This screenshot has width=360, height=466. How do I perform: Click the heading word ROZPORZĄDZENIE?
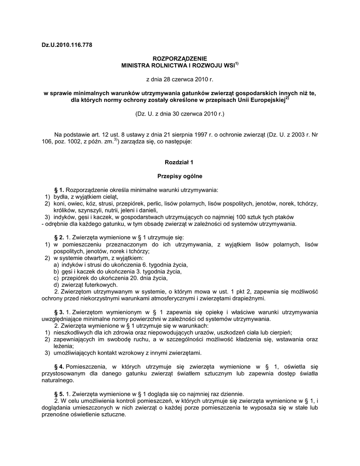pyautogui.click(x=179, y=59)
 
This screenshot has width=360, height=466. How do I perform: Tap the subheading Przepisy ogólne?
pyautogui.click(x=180, y=176)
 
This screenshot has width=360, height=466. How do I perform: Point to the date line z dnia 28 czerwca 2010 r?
pyautogui.click(x=180, y=80)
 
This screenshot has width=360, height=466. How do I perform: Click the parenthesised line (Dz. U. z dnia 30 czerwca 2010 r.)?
pyautogui.click(x=180, y=113)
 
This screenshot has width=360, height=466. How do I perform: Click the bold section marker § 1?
pyautogui.click(x=59, y=189)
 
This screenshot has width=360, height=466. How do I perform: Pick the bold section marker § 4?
pyautogui.click(x=59, y=366)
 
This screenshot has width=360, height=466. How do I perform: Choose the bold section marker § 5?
pyautogui.click(x=59, y=394)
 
